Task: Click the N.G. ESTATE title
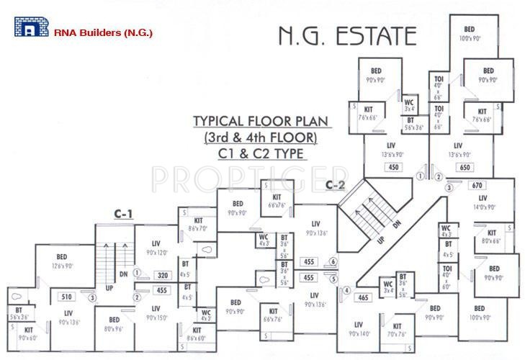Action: pos(347,35)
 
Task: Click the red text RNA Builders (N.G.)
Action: pos(104,33)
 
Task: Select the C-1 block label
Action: pos(124,213)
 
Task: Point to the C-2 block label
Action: pos(335,184)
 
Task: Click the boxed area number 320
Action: pos(163,274)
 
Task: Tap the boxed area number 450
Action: pos(393,168)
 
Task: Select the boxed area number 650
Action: pos(465,168)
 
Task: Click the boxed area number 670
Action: pos(477,185)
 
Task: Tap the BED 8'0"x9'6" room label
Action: pos(114,323)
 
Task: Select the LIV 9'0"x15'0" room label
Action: pos(156,312)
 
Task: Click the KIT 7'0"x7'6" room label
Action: pos(395,330)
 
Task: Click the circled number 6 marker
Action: pos(333,261)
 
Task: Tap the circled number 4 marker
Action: pos(346,291)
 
